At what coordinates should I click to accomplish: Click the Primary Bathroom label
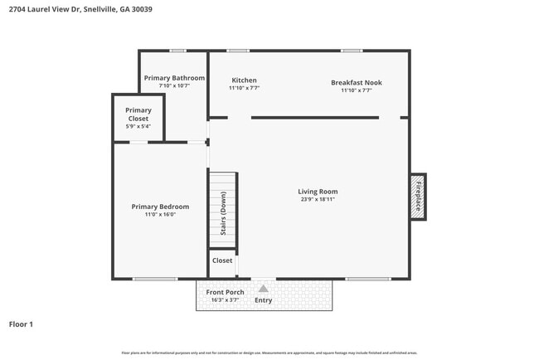pyautogui.click(x=174, y=78)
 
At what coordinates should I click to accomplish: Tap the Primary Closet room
pyautogui.click(x=138, y=118)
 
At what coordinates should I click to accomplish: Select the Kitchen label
pyautogui.click(x=244, y=80)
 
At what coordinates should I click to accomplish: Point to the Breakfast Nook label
pyautogui.click(x=356, y=82)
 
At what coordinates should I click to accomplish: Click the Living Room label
pyautogui.click(x=318, y=192)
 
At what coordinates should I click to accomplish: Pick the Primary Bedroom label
pyautogui.click(x=160, y=207)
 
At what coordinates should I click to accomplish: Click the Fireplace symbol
pyautogui.click(x=418, y=197)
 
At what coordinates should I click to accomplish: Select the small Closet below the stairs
pyautogui.click(x=222, y=260)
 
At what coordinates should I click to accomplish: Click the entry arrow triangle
pyautogui.click(x=264, y=289)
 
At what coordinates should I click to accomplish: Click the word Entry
pyautogui.click(x=264, y=300)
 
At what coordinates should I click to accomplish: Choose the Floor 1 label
pyautogui.click(x=21, y=324)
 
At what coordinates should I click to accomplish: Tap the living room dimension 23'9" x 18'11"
pyautogui.click(x=318, y=200)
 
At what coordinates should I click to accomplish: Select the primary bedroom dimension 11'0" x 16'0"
pyautogui.click(x=160, y=215)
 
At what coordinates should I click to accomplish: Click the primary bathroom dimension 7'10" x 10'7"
pyautogui.click(x=174, y=85)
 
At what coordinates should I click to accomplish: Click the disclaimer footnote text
pyautogui.click(x=269, y=353)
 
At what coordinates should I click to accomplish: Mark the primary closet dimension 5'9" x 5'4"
pyautogui.click(x=138, y=127)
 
